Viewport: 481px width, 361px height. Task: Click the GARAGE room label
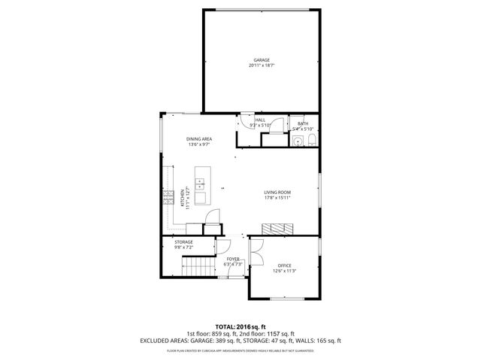[261, 60]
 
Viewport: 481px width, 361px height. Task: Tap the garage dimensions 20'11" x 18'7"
[261, 65]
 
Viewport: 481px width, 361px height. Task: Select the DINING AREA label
[198, 139]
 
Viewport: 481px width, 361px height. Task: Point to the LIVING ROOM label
[277, 193]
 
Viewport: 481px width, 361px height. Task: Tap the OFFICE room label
[284, 265]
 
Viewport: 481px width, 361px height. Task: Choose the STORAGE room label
[183, 241]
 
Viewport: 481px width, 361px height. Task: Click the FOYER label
[233, 259]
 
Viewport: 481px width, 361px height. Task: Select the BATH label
[303, 123]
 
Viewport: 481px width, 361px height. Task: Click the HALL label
[260, 120]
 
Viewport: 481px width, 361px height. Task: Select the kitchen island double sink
[201, 183]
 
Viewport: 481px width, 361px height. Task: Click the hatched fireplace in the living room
[277, 228]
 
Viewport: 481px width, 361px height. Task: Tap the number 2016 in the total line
[251, 326]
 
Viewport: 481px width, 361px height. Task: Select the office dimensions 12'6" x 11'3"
[284, 272]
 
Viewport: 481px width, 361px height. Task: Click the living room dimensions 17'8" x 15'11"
[277, 199]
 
